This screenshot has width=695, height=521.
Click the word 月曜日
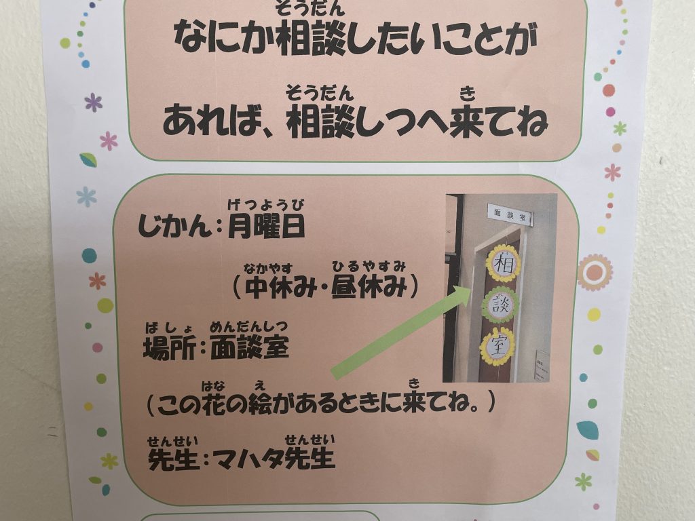pos(266,227)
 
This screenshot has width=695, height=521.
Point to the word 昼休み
pos(369,287)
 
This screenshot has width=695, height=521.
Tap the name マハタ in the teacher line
pos(248,458)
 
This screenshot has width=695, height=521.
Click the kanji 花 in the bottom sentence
pos(215,403)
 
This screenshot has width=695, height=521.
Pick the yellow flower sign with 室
pos(497,347)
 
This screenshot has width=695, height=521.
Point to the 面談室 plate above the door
pos(510,215)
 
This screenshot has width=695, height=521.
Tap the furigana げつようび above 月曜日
pos(266,205)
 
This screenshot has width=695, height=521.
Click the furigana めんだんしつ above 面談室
pos(249,327)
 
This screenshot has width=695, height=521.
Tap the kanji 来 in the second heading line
pos(467,121)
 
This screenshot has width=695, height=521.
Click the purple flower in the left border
pos(94,103)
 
